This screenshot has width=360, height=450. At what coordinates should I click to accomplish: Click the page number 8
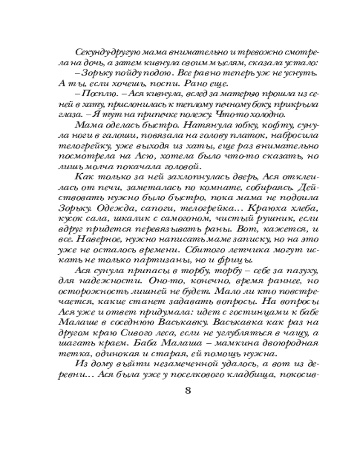coord(188,390)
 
